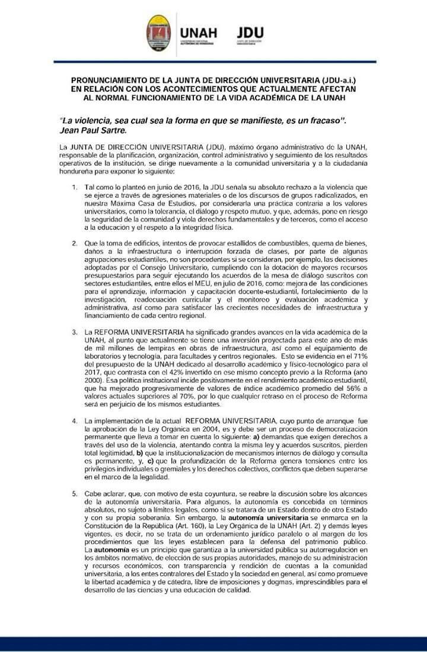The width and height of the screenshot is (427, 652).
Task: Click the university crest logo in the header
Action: (x=158, y=34)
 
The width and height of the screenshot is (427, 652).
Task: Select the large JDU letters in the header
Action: (x=250, y=33)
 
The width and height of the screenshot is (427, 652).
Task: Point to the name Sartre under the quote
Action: (x=111, y=129)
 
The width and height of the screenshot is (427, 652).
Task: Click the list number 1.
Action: (x=75, y=187)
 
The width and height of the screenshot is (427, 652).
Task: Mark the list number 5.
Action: (x=75, y=493)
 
